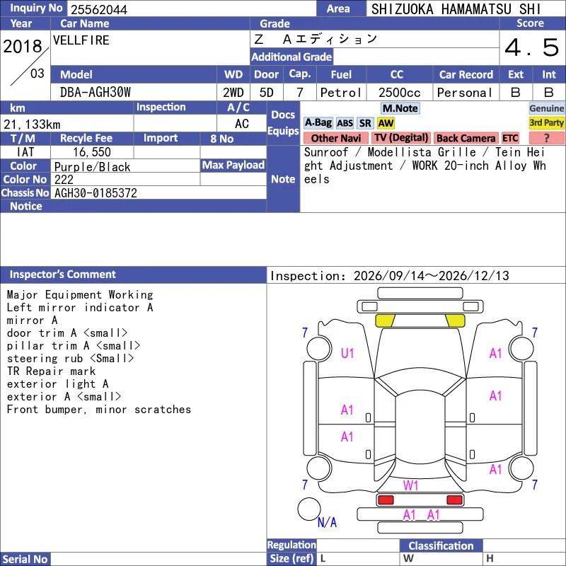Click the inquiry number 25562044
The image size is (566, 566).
click(99, 10)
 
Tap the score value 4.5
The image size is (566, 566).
click(531, 47)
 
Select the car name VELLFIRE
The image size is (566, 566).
click(81, 40)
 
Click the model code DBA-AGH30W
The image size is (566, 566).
click(96, 93)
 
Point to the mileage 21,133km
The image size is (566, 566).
click(32, 125)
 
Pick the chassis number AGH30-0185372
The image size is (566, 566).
click(96, 193)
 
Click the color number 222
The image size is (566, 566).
click(64, 180)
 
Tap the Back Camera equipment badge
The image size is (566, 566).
click(466, 138)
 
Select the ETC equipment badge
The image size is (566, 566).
click(510, 138)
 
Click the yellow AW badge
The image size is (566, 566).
click(386, 123)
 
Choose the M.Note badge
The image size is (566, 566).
click(400, 108)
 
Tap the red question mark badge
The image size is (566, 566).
click(546, 138)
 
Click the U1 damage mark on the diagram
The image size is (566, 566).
click(347, 353)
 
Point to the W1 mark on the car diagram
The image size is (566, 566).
click(410, 485)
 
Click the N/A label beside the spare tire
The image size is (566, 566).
click(327, 522)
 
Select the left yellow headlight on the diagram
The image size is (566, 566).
click(385, 320)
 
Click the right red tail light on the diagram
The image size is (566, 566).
click(454, 500)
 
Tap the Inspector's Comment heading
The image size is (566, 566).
click(62, 275)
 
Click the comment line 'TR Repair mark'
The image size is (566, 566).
click(51, 371)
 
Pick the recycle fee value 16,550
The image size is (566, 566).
click(92, 152)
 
